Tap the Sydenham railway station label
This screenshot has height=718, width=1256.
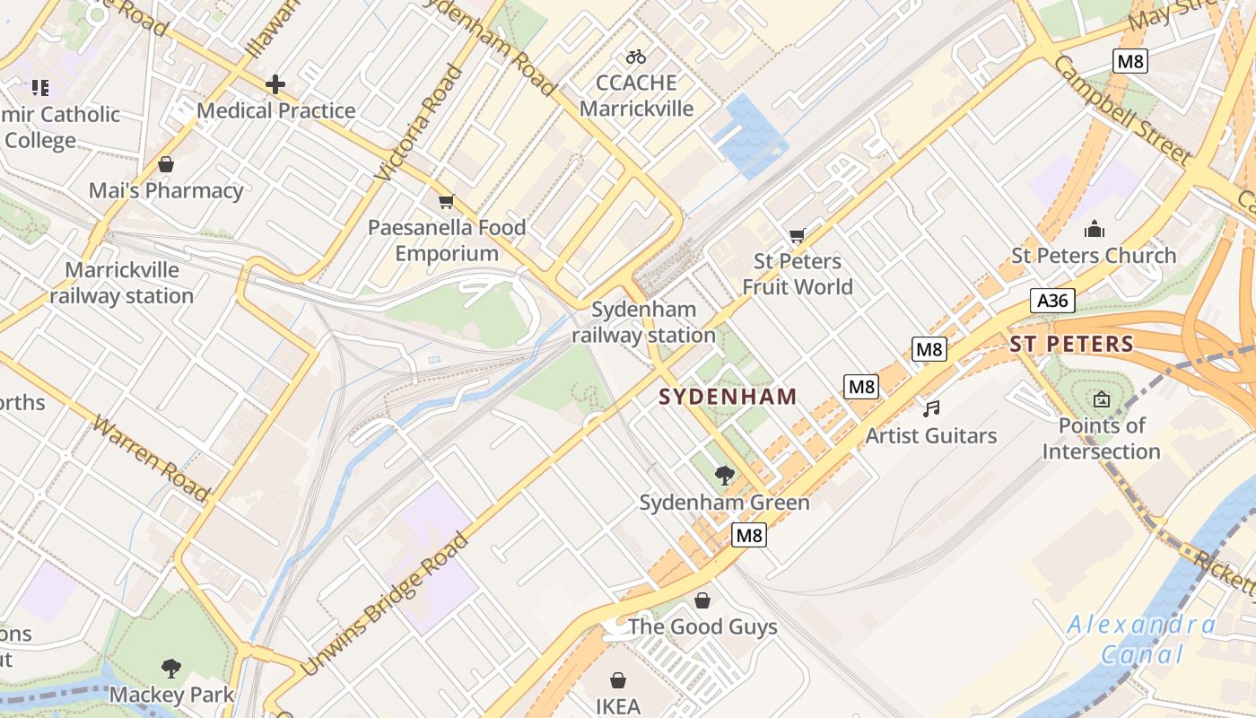coord(644,323)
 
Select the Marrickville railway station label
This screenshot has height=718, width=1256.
coord(122,283)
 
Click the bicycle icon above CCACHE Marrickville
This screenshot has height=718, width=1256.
coord(636,57)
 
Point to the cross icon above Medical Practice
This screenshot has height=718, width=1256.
coord(275,85)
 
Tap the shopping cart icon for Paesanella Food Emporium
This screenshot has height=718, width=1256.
coord(446,202)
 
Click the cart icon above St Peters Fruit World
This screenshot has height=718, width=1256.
coord(797,236)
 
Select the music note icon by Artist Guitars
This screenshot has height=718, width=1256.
coord(932,409)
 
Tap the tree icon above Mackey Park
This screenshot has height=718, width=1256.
coord(170,668)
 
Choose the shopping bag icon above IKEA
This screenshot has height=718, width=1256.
coord(618,680)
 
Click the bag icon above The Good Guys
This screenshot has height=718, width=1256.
coord(702,600)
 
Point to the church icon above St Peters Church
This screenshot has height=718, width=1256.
coord(1094,229)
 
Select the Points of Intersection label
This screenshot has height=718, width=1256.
coord(1101,438)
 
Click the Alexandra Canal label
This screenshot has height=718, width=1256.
coord(1141,639)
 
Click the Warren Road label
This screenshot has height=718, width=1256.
coord(152,459)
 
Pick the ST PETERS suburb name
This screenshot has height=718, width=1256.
coord(1071,344)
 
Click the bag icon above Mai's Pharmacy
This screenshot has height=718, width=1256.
coord(165,164)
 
